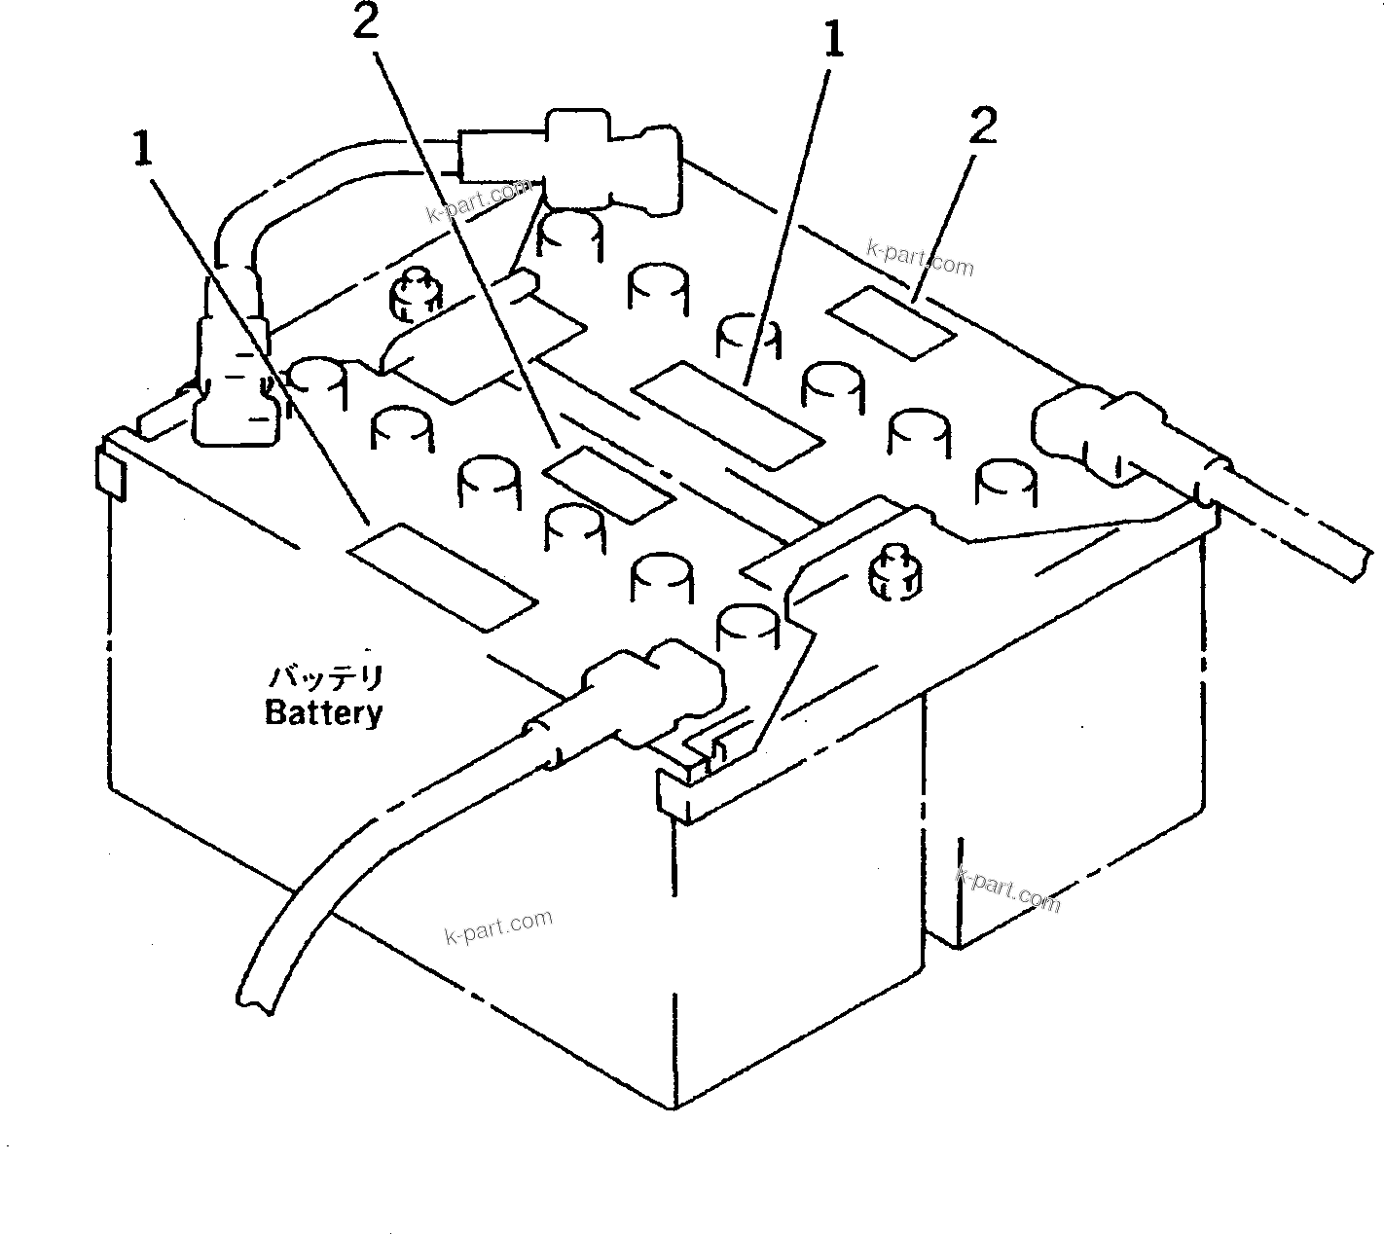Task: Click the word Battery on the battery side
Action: click(x=324, y=713)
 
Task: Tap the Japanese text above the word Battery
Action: click(x=327, y=676)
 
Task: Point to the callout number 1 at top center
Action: click(x=832, y=43)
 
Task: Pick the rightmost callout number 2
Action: click(x=983, y=127)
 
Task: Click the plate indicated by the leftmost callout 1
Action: click(x=443, y=574)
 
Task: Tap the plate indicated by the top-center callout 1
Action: click(x=728, y=410)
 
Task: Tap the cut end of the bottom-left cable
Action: click(x=255, y=1002)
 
